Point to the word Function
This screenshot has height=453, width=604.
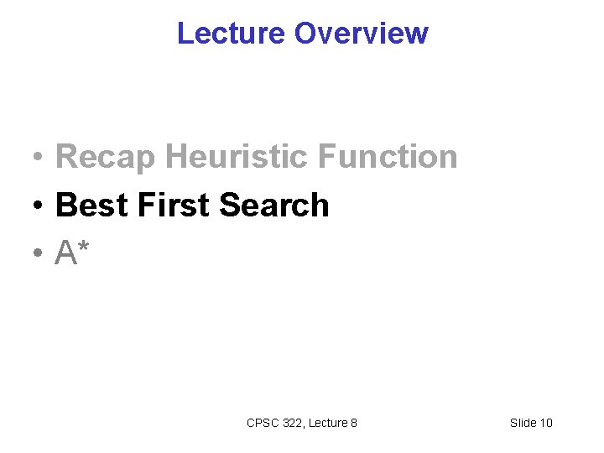coord(393,157)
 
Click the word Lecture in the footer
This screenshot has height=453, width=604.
coord(328,423)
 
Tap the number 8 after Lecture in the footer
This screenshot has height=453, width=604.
coord(354,423)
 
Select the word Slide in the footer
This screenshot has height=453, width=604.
coord(523,423)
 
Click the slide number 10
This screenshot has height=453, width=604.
coord(546,423)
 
